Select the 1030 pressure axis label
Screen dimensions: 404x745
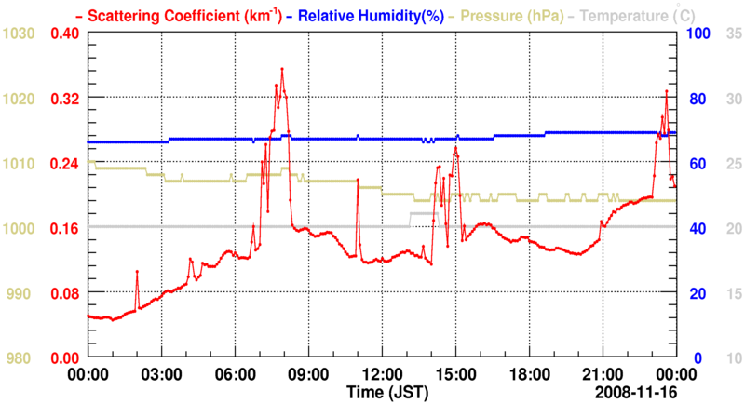point(19,34)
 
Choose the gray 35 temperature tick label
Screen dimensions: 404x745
point(731,34)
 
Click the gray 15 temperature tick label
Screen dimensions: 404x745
point(731,292)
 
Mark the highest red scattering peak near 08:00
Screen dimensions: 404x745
point(281,69)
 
